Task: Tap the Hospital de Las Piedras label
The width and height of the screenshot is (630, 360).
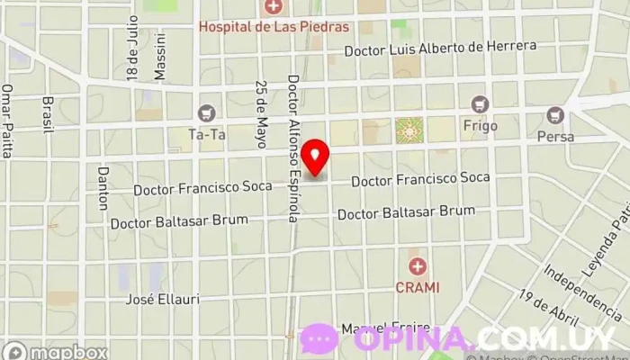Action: click(x=273, y=26)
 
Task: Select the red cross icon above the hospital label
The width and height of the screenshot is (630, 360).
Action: click(x=273, y=8)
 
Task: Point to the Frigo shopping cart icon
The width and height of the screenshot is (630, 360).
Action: click(x=480, y=104)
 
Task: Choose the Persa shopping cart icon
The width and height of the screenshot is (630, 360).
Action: click(x=555, y=114)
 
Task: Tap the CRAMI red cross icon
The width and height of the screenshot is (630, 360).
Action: click(x=417, y=266)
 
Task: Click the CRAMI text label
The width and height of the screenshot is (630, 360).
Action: click(x=417, y=287)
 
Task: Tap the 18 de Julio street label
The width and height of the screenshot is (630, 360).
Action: click(x=133, y=49)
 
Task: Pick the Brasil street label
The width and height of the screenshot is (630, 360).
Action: click(x=49, y=114)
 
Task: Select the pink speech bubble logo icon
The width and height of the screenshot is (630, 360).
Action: click(x=319, y=339)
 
